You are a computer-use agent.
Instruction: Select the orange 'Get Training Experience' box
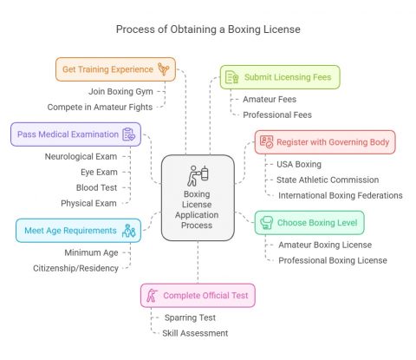pyautogui.click(x=115, y=69)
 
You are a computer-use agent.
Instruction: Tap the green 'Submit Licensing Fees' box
pyautogui.click(x=280, y=77)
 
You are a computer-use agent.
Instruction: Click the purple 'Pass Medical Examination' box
pyautogui.click(x=75, y=134)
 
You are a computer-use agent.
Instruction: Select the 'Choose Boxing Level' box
pyautogui.click(x=309, y=223)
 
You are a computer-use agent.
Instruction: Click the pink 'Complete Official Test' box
pyautogui.click(x=198, y=296)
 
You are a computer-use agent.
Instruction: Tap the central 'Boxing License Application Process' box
pyautogui.click(x=198, y=198)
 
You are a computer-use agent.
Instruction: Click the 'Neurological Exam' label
pyautogui.click(x=81, y=156)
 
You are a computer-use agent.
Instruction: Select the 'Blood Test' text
pyautogui.click(x=98, y=187)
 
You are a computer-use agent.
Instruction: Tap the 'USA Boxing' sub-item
pyautogui.click(x=299, y=164)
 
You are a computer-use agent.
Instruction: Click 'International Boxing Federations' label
pyautogui.click(x=340, y=195)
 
